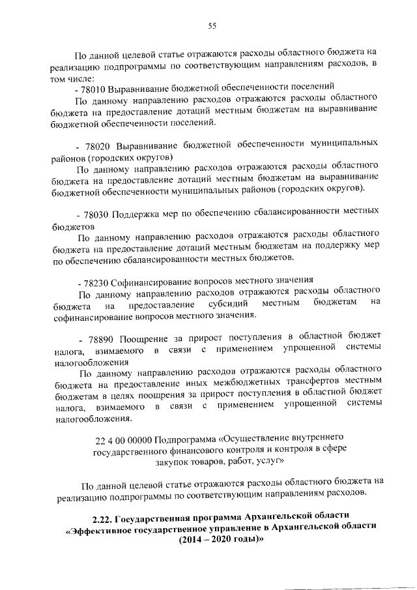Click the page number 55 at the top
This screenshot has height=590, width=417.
[212, 25]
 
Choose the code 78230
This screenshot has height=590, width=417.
[96, 283]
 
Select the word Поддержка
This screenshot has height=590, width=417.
[136, 214]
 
